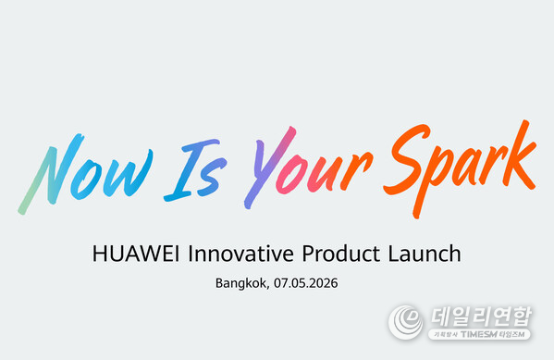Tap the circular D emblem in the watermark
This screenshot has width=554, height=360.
(x=404, y=321)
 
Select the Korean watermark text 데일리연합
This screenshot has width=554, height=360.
(x=477, y=315)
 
